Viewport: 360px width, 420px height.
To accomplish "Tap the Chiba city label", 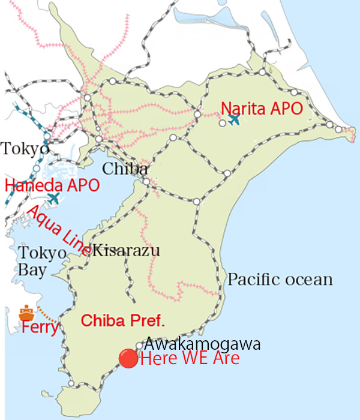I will [125, 169].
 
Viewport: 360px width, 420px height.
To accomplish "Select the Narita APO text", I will [261, 109].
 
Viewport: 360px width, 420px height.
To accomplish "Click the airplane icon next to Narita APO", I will [234, 119].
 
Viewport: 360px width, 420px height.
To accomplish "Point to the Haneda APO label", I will [52, 185].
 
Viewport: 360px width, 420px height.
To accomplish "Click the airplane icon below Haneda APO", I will [54, 199].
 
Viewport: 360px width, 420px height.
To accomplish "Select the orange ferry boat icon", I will [26, 313].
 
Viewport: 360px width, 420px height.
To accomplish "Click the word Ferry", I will [40, 328].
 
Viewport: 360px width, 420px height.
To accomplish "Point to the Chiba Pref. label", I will [123, 320].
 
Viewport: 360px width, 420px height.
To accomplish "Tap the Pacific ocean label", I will [280, 280].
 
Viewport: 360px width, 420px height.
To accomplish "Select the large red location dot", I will [128, 359].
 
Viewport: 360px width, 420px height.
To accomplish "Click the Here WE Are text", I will [189, 359].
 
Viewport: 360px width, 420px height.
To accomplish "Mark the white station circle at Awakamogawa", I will [140, 345].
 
